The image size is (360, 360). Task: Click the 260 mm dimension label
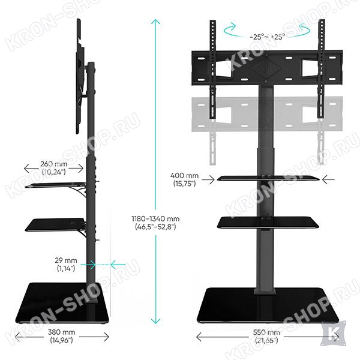(x=54, y=168)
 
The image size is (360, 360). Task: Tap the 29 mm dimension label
(x=66, y=264)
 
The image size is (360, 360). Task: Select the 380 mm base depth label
(x=61, y=336)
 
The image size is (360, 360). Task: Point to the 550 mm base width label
(x=266, y=336)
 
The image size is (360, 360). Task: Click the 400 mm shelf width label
(x=184, y=179)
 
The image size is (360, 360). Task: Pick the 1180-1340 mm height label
(x=155, y=223)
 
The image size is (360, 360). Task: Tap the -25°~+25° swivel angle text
(x=267, y=37)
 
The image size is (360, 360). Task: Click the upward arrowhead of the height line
(x=155, y=22)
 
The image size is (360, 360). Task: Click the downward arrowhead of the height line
(x=155, y=321)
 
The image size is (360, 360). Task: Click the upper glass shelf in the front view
(x=268, y=178)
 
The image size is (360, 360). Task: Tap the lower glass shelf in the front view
(x=268, y=222)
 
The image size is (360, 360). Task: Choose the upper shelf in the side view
(x=55, y=185)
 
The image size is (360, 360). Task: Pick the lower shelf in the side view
(x=55, y=225)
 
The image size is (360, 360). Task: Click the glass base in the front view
(x=268, y=305)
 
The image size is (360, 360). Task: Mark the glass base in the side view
(x=62, y=303)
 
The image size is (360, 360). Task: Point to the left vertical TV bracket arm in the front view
(x=213, y=70)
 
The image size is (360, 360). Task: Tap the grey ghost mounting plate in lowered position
(x=267, y=114)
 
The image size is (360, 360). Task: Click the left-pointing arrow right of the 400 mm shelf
(x=328, y=179)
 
